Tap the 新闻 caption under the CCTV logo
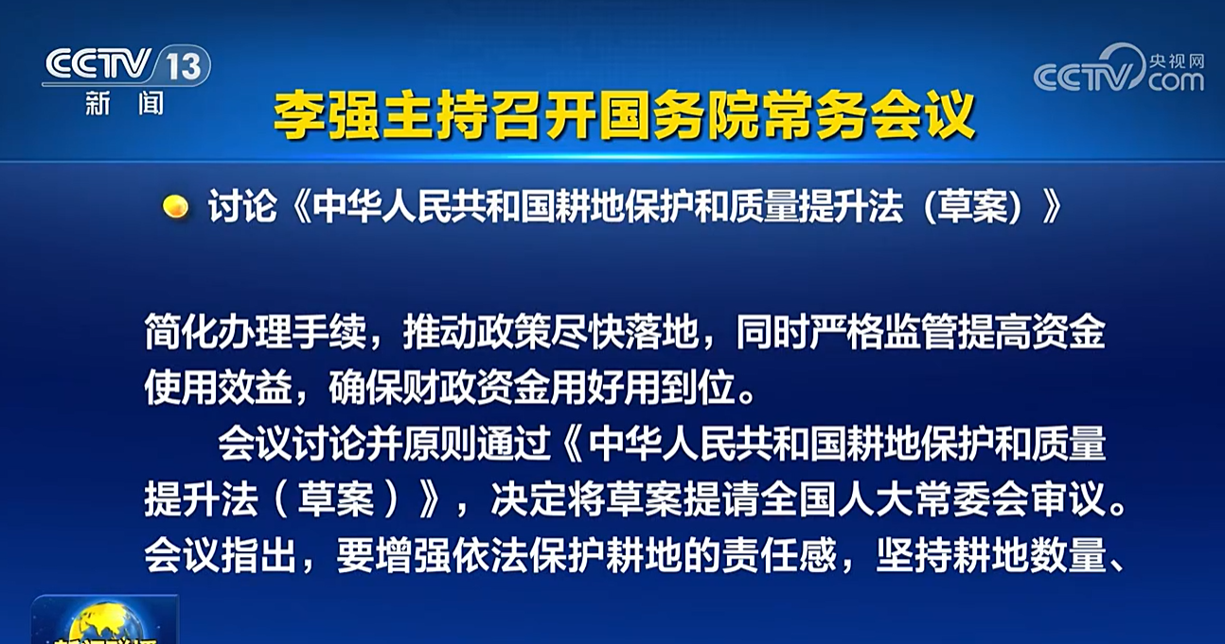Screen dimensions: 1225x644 pos(124,103)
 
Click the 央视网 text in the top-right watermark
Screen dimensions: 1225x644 pos(1177,61)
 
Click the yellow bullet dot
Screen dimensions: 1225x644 pos(175,207)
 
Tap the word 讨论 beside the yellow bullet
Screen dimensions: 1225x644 pos(242,206)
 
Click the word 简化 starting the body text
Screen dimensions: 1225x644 pos(181,332)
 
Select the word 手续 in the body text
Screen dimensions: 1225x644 pos(328,332)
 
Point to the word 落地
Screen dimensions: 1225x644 pos(662,332)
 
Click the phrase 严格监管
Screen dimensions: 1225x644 pos(884,332)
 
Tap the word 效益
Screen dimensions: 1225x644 pos(255,389)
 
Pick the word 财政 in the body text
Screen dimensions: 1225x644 pos(439,389)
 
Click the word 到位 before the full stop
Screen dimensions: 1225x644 pos(699,389)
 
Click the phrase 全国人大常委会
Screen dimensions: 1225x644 pos(895,500)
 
